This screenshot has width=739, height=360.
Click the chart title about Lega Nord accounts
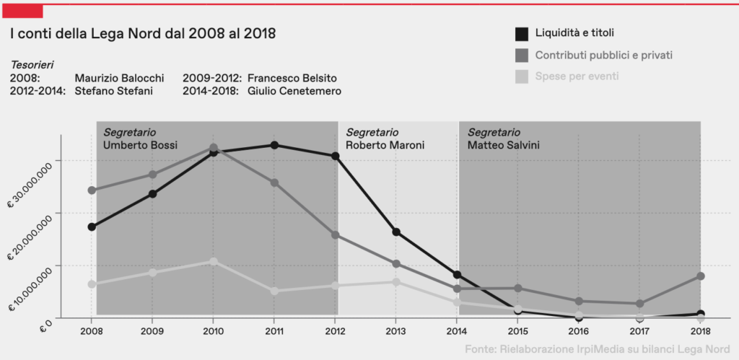point(143,33)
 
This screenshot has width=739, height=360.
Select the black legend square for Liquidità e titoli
point(521,33)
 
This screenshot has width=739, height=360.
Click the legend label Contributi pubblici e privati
point(604,55)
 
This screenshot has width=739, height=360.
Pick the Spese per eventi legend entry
point(577,76)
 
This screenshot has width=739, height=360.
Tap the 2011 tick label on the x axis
point(274,332)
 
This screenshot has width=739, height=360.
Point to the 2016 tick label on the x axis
point(578,332)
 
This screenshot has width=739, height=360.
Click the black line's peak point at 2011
point(274,145)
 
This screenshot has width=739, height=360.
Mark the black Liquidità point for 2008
point(92,227)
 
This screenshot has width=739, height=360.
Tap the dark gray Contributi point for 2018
point(700,276)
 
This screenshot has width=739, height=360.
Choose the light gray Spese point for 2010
point(213,261)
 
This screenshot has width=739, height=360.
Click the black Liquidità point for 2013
point(396,232)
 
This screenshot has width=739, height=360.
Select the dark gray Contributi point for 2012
point(336,235)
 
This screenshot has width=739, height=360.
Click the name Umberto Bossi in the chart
point(135,145)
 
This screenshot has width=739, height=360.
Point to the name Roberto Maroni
point(385,145)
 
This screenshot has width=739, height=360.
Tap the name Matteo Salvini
point(504,145)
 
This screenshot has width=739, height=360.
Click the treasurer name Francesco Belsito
point(292,78)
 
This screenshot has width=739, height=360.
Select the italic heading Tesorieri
point(32,64)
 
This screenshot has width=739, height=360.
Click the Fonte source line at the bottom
point(598,349)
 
